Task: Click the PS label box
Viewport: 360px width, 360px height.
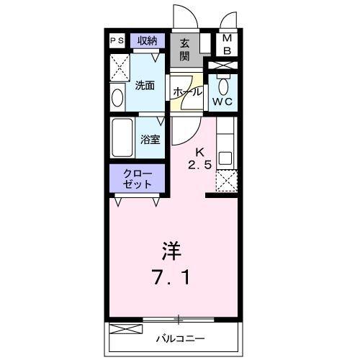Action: pyautogui.click(x=117, y=41)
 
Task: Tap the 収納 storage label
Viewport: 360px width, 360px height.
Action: pyautogui.click(x=148, y=40)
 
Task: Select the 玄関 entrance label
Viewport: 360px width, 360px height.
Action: pyautogui.click(x=184, y=50)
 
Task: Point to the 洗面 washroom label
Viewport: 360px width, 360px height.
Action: pyautogui.click(x=145, y=86)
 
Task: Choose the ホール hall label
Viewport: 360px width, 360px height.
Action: pyautogui.click(x=186, y=92)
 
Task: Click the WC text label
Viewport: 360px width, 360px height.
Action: pyautogui.click(x=222, y=102)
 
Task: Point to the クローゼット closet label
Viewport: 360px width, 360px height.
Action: pyautogui.click(x=138, y=179)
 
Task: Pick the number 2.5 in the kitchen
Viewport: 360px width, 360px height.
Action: pyautogui.click(x=202, y=164)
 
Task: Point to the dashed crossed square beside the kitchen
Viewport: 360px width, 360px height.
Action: pyautogui.click(x=225, y=181)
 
